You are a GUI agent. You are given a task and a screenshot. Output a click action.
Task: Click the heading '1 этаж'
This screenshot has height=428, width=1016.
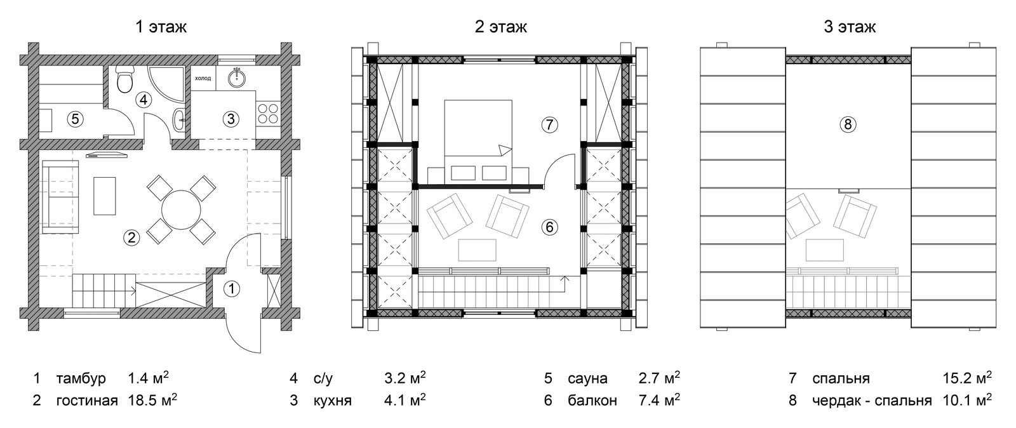click(161, 27)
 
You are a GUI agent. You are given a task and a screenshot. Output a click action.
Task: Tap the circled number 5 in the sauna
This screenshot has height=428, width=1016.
click(75, 119)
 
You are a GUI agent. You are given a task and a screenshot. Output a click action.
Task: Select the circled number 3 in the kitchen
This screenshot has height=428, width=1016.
click(231, 119)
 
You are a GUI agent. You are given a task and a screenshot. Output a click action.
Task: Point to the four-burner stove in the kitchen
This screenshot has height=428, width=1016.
click(268, 113)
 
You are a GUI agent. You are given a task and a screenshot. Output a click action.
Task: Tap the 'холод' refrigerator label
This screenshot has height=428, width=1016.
click(203, 78)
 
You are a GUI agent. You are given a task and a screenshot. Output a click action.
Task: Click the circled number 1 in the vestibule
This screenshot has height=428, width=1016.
click(232, 289)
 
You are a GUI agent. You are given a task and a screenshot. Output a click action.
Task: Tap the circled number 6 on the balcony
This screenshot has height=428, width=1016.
click(550, 227)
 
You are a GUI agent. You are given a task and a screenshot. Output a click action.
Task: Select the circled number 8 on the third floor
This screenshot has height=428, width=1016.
click(848, 124)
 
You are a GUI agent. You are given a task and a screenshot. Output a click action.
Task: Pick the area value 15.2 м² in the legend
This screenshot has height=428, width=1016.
click(968, 378)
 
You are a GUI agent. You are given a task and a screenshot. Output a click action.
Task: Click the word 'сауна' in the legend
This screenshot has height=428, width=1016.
click(587, 378)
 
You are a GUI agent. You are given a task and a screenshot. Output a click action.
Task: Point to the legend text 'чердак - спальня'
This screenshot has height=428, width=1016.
click(871, 401)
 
